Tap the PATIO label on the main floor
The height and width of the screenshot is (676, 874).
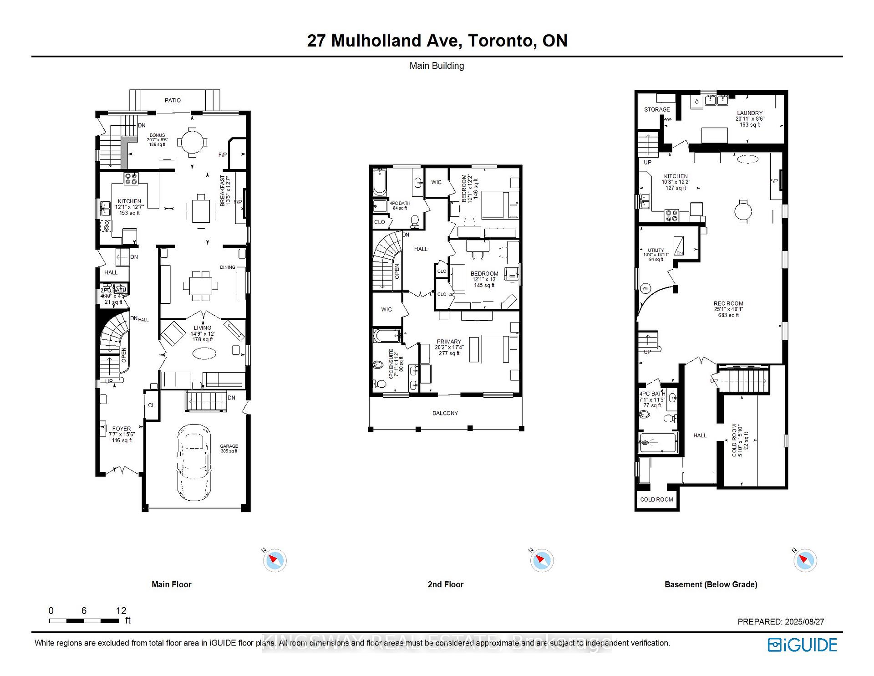pyautogui.click(x=173, y=100)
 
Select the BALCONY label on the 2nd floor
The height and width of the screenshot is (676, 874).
pyautogui.click(x=445, y=413)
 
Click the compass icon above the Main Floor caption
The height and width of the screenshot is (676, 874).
pyautogui.click(x=274, y=560)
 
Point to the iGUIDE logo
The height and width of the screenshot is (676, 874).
pyautogui.click(x=802, y=645)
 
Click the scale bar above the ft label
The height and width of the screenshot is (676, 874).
pyautogui.click(x=84, y=620)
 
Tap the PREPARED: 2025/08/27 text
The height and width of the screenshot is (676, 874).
pyautogui.click(x=780, y=621)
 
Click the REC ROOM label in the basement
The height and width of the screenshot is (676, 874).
pyautogui.click(x=728, y=304)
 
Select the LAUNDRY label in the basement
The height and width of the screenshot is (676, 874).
pyautogui.click(x=749, y=113)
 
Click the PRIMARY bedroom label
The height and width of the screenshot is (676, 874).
pyautogui.click(x=449, y=342)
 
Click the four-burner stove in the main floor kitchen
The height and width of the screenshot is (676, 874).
pyautogui.click(x=131, y=179)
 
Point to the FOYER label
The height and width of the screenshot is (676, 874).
pyautogui.click(x=122, y=429)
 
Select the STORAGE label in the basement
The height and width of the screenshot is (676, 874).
pyautogui.click(x=657, y=109)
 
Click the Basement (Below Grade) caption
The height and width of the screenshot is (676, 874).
pyautogui.click(x=711, y=584)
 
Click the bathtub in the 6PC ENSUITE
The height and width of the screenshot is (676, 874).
pyautogui.click(x=386, y=336)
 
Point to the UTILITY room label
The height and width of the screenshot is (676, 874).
pyautogui.click(x=656, y=251)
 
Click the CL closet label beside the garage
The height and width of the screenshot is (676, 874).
pyautogui.click(x=152, y=405)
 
